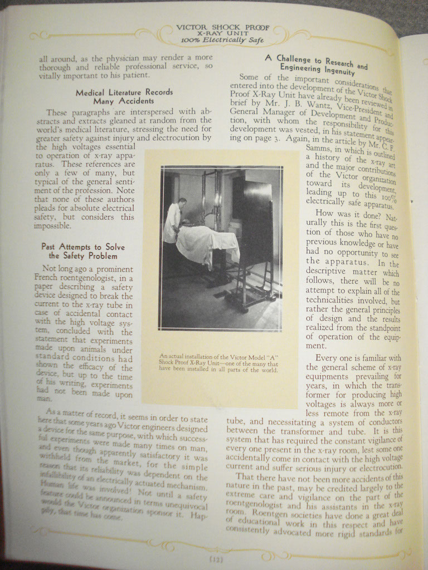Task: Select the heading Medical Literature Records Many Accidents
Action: coord(124,96)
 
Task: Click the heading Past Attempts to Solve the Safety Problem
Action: coord(82,251)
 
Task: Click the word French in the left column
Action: coord(47,278)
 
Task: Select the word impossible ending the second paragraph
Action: coord(52,226)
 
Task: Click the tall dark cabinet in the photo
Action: coord(253,223)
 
